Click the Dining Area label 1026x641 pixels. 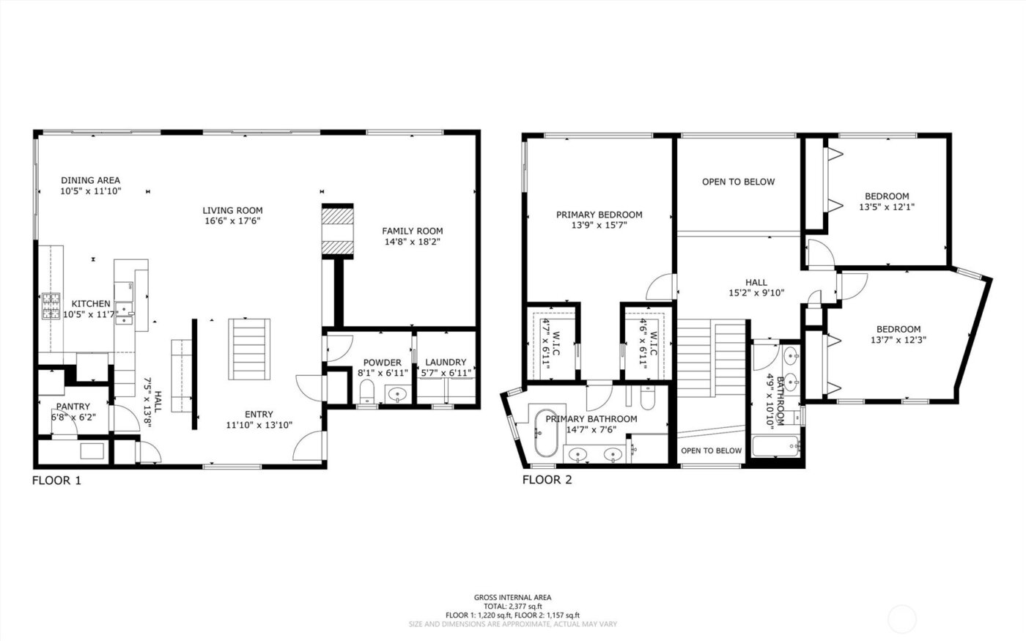click(x=90, y=180)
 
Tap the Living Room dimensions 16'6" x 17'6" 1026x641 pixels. click(x=232, y=221)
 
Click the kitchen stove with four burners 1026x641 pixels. click(x=51, y=306)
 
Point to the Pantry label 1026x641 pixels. click(x=73, y=407)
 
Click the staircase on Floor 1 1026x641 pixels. click(x=249, y=349)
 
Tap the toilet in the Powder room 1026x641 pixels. click(x=367, y=393)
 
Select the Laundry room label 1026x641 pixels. click(x=445, y=363)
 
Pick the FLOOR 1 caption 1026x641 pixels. click(x=56, y=481)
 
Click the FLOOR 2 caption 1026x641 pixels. click(x=547, y=481)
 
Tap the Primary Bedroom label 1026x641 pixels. click(x=599, y=215)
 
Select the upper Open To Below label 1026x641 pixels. click(x=738, y=182)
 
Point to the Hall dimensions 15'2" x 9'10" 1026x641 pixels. click(x=756, y=293)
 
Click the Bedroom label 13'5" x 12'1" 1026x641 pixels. click(x=887, y=196)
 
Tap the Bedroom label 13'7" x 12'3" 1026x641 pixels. click(x=896, y=330)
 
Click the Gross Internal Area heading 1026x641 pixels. click(x=512, y=598)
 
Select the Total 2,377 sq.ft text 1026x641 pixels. click(x=512, y=607)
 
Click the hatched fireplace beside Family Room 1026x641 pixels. click(x=338, y=231)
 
